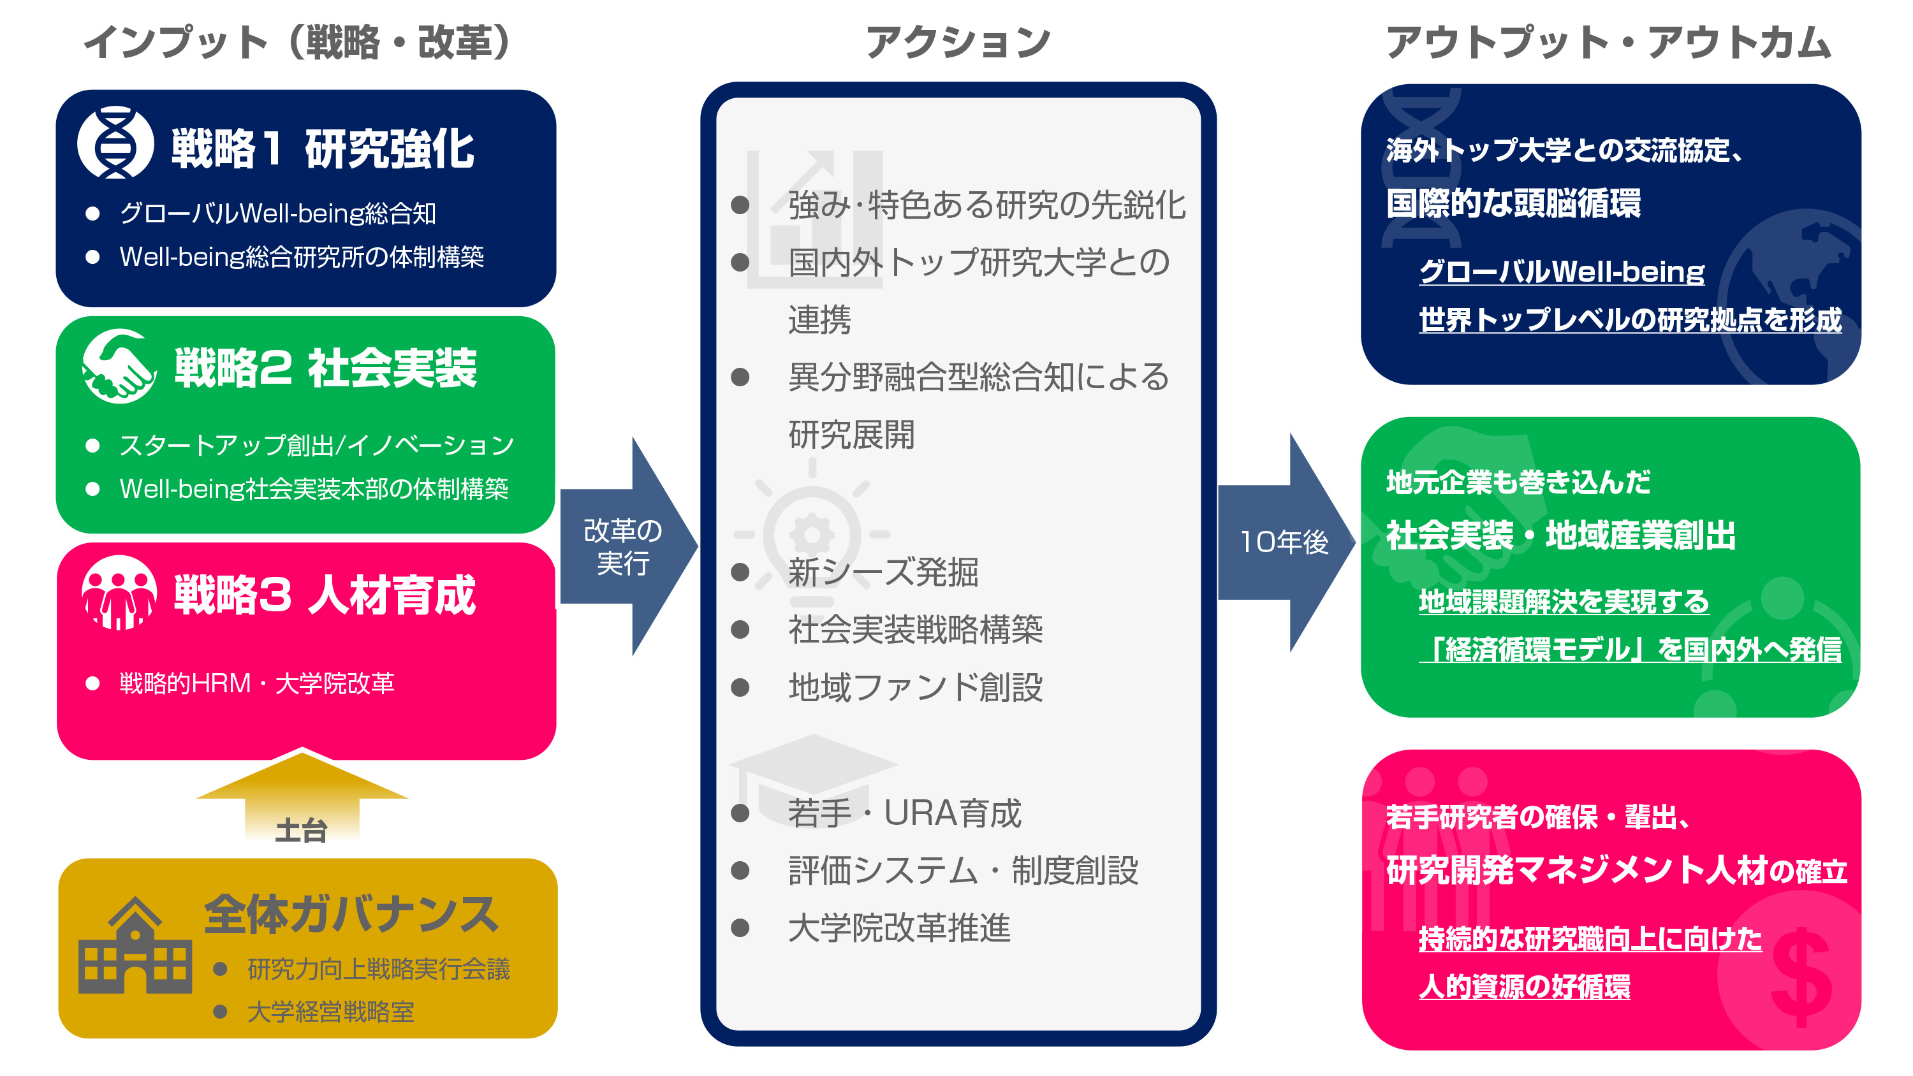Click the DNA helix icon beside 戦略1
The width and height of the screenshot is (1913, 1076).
pyautogui.click(x=115, y=143)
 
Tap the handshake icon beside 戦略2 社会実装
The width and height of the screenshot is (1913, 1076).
pyautogui.click(x=119, y=366)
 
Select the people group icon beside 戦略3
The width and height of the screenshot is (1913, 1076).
pyautogui.click(x=119, y=593)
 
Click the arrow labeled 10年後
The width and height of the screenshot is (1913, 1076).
pyautogui.click(x=1285, y=542)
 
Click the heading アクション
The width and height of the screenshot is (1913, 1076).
pyautogui.click(x=958, y=42)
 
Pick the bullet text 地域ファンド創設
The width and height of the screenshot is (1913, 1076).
pyautogui.click(x=915, y=687)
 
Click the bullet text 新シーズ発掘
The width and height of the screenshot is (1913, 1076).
pyautogui.click(x=883, y=572)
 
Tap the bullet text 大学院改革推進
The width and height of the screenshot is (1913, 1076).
pyautogui.click(x=898, y=927)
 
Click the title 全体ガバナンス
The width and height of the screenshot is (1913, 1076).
pyautogui.click(x=351, y=913)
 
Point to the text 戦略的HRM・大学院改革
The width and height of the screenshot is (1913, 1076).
pyautogui.click(x=257, y=683)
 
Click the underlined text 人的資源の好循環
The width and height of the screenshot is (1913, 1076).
pyautogui.click(x=1524, y=987)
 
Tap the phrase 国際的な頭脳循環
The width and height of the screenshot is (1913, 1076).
pyautogui.click(x=1513, y=203)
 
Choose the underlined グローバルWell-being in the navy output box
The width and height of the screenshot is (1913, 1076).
pyautogui.click(x=1561, y=272)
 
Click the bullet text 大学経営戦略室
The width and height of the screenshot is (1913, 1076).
pyautogui.click(x=330, y=1012)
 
